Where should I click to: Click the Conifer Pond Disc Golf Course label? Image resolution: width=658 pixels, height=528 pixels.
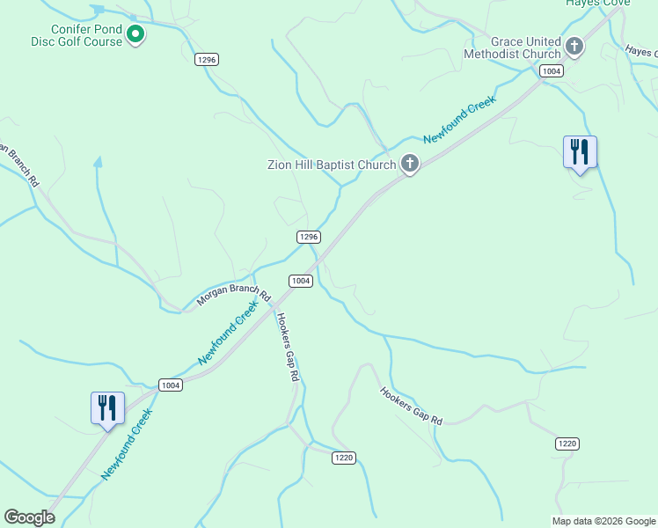point(84,34)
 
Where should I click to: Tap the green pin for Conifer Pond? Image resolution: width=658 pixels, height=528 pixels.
point(135,35)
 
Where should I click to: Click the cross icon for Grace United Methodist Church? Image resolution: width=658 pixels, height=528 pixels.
point(574,46)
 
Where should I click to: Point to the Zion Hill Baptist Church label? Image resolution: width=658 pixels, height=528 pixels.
point(332,164)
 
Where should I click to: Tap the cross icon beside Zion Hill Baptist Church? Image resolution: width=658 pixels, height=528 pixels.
point(409,164)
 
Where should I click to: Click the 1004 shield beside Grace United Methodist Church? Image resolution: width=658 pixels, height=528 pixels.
point(552,70)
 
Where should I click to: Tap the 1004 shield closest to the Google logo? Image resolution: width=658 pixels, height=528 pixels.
point(171,385)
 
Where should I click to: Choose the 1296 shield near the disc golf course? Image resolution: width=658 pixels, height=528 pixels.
point(207,59)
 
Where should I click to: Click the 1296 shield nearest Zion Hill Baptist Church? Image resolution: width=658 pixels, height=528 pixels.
point(307,237)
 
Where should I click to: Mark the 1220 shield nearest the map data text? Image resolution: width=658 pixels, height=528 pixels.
point(567,444)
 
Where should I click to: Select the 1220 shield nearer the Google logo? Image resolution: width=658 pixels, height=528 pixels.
point(344,457)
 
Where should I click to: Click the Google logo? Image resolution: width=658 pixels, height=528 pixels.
point(30,517)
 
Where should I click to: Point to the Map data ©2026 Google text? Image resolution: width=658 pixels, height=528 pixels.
point(603,521)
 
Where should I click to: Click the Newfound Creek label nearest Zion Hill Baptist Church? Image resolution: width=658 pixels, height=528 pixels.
point(459,120)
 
